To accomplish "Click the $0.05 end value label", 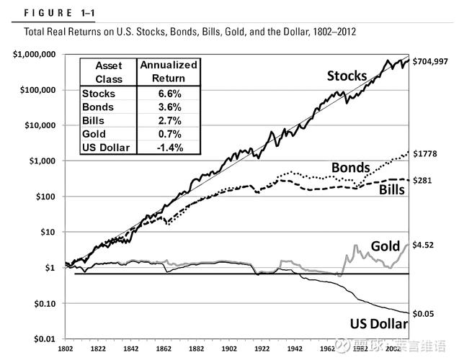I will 426,313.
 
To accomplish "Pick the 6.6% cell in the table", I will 168,94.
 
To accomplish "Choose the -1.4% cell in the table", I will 167,148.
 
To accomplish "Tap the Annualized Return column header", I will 168,71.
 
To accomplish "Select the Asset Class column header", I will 108,71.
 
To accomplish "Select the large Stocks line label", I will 347,76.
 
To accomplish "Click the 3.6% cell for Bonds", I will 168,107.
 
